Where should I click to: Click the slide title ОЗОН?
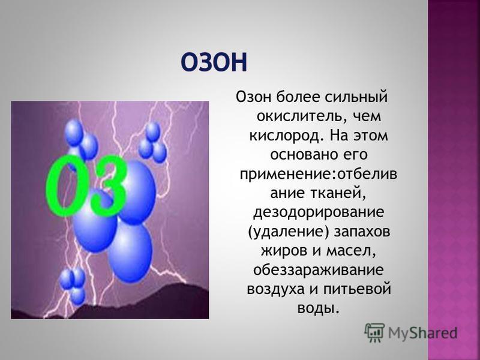(214, 62)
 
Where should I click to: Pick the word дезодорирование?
(319, 212)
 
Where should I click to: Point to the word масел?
(350, 251)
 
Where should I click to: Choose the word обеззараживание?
(319, 270)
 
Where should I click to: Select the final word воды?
(319, 308)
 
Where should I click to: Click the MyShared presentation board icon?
(374, 332)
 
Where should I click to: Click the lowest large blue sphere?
(130, 252)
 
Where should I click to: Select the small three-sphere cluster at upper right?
(152, 142)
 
